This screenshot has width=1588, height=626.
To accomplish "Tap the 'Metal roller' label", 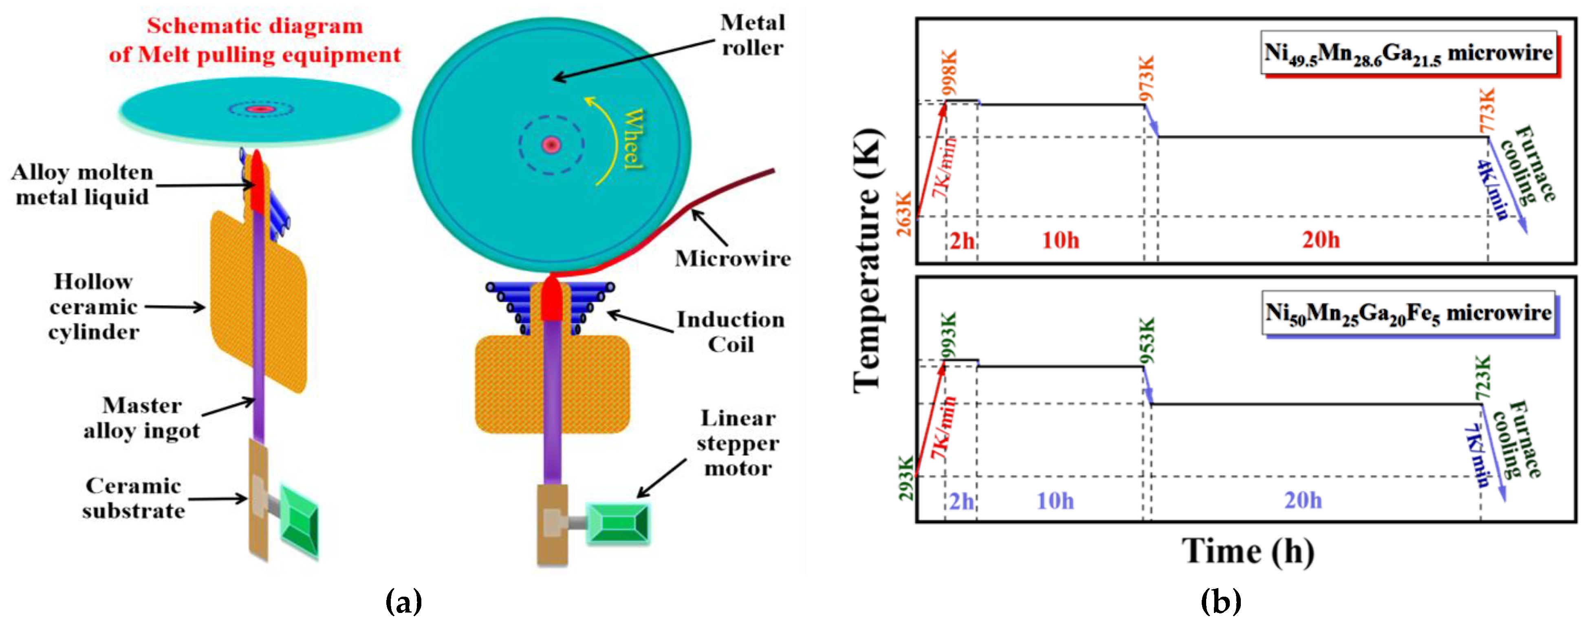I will tap(752, 35).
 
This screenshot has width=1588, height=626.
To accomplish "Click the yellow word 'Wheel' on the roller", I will tap(633, 139).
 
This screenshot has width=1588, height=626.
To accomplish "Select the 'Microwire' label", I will tap(732, 258).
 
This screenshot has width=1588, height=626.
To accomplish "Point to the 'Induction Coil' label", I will tap(731, 332).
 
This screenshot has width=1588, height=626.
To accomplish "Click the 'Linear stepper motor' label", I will tap(738, 443).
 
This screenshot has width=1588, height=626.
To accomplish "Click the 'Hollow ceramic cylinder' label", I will tap(94, 306).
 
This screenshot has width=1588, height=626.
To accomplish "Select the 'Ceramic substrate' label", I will tap(133, 498).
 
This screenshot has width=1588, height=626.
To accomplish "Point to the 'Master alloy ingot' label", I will tap(142, 418).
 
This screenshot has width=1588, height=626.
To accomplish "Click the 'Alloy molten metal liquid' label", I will tap(82, 184).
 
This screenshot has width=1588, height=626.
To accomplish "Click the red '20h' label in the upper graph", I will tap(1320, 239).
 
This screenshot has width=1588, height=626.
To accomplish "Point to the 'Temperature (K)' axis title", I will tap(869, 259).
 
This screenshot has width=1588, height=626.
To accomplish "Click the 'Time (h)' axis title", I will tap(1248, 551).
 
